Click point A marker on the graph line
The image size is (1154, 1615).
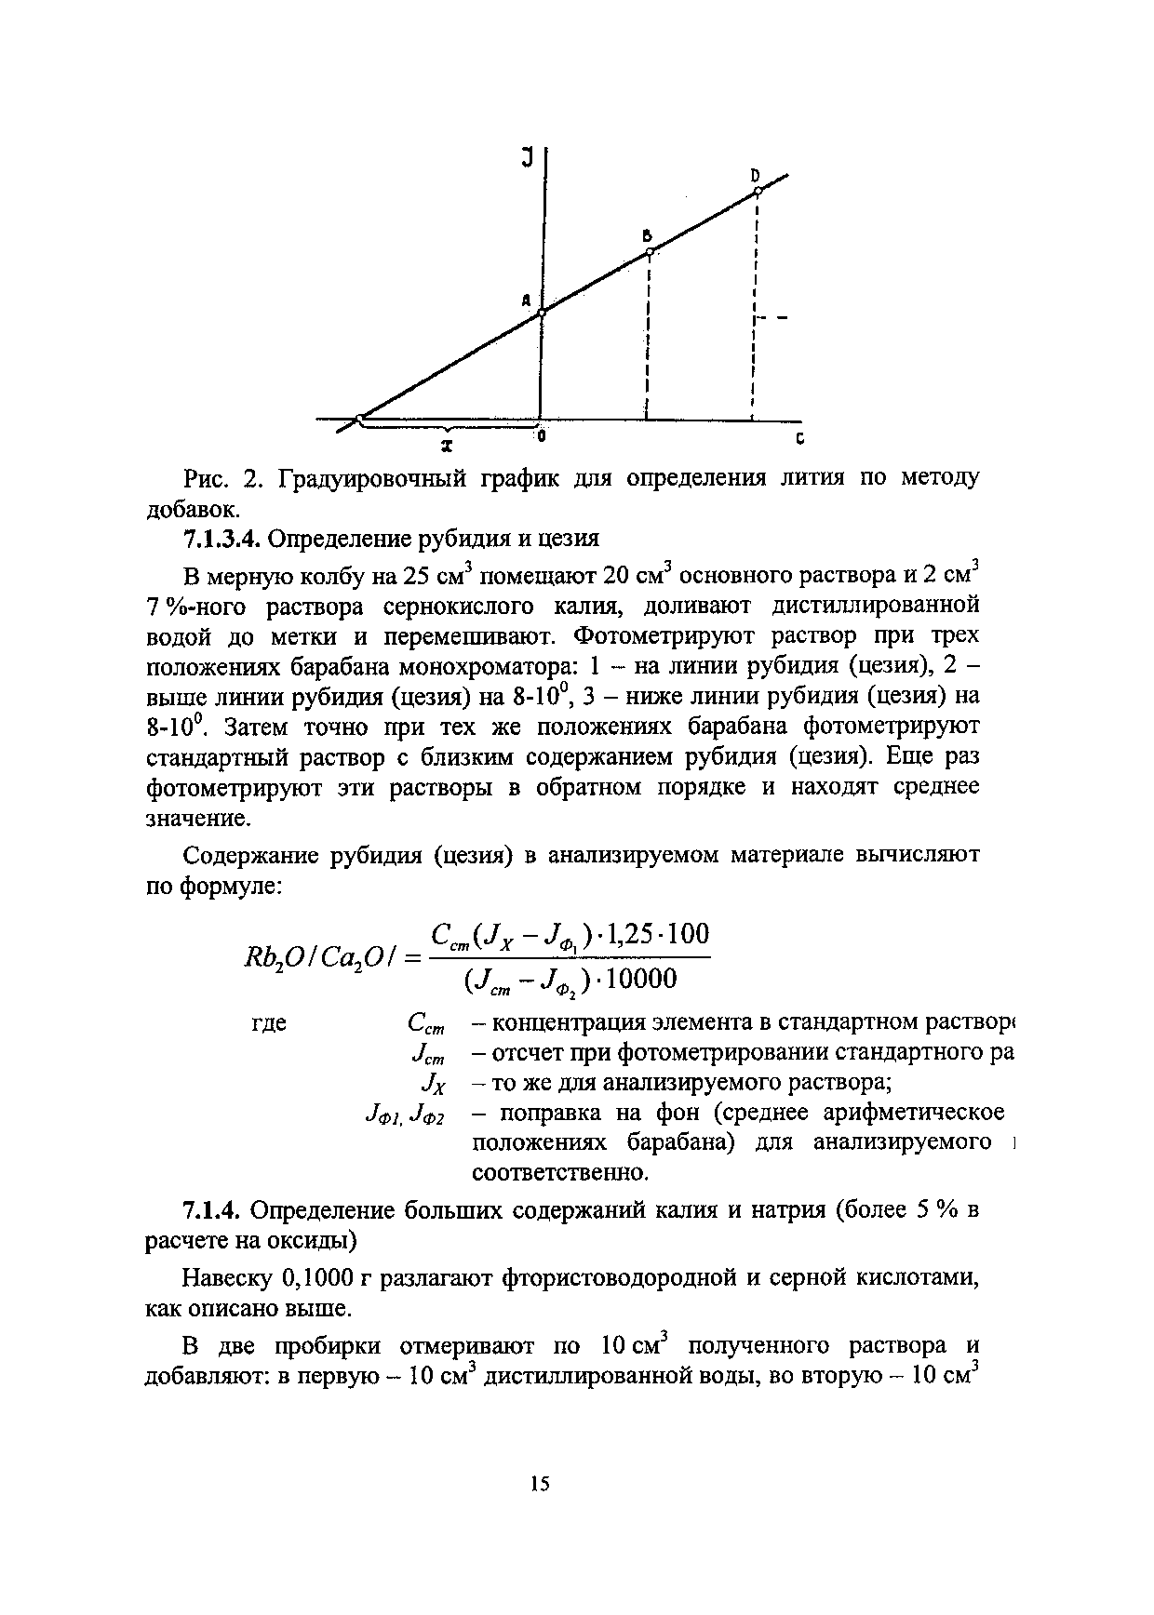542,314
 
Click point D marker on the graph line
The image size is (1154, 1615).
758,192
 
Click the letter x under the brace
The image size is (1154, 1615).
448,446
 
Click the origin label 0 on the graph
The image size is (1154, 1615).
541,434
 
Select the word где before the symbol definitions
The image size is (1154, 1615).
270,1023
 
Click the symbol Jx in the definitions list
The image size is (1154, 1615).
434,1083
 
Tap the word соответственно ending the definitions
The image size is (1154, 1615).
560,1173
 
